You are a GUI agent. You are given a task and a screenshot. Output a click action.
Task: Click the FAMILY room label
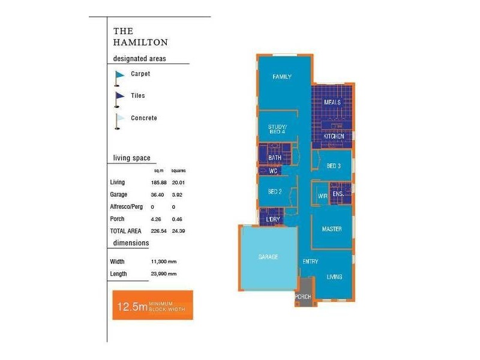tap(281, 77)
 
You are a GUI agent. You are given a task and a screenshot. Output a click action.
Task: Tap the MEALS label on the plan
tap(332, 102)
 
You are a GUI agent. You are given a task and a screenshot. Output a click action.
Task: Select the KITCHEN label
tap(334, 136)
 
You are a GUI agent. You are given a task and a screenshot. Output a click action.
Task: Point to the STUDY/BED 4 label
tap(278, 129)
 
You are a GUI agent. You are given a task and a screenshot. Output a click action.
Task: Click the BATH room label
tap(275, 158)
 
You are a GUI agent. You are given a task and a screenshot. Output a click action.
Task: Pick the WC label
tap(273, 171)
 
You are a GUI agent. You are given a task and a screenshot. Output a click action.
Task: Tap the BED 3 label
tap(334, 166)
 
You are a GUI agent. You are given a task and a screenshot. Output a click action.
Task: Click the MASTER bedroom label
tap(332, 229)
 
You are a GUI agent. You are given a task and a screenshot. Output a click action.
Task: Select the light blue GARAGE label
tap(268, 257)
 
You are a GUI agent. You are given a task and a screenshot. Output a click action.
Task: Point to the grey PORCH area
tap(303, 296)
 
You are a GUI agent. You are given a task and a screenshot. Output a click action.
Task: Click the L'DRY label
tap(273, 220)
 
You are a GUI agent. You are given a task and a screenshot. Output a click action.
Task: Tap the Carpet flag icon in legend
tap(119, 76)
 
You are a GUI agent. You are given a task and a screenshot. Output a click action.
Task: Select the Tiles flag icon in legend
tap(119, 97)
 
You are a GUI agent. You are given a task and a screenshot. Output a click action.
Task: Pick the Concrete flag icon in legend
tap(119, 119)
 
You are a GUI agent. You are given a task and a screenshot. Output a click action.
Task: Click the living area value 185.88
tap(159, 182)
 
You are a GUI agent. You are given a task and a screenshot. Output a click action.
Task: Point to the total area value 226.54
tap(159, 230)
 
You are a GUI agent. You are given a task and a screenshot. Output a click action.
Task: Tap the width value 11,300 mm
tap(164, 262)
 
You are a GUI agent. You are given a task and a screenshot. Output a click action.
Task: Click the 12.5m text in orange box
tap(132, 307)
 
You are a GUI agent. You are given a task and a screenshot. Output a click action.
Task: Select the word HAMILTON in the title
tap(140, 43)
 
